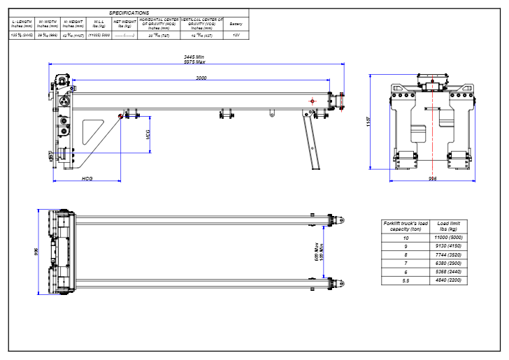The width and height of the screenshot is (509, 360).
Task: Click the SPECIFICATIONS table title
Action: pyautogui.click(x=129, y=13)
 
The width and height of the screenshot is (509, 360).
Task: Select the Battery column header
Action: pyautogui.click(x=236, y=24)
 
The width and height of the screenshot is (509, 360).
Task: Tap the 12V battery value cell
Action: pyautogui.click(x=236, y=34)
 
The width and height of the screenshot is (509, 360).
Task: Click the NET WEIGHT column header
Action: pyautogui.click(x=124, y=24)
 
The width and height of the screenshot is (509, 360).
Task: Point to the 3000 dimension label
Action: pyautogui.click(x=201, y=78)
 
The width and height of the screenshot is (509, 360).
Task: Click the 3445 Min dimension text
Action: pyautogui.click(x=194, y=56)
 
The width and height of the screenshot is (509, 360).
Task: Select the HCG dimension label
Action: pyautogui.click(x=87, y=179)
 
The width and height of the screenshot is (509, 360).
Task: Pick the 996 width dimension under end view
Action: pyautogui.click(x=433, y=179)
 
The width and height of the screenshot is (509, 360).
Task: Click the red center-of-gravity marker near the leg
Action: pyautogui.click(x=311, y=101)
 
